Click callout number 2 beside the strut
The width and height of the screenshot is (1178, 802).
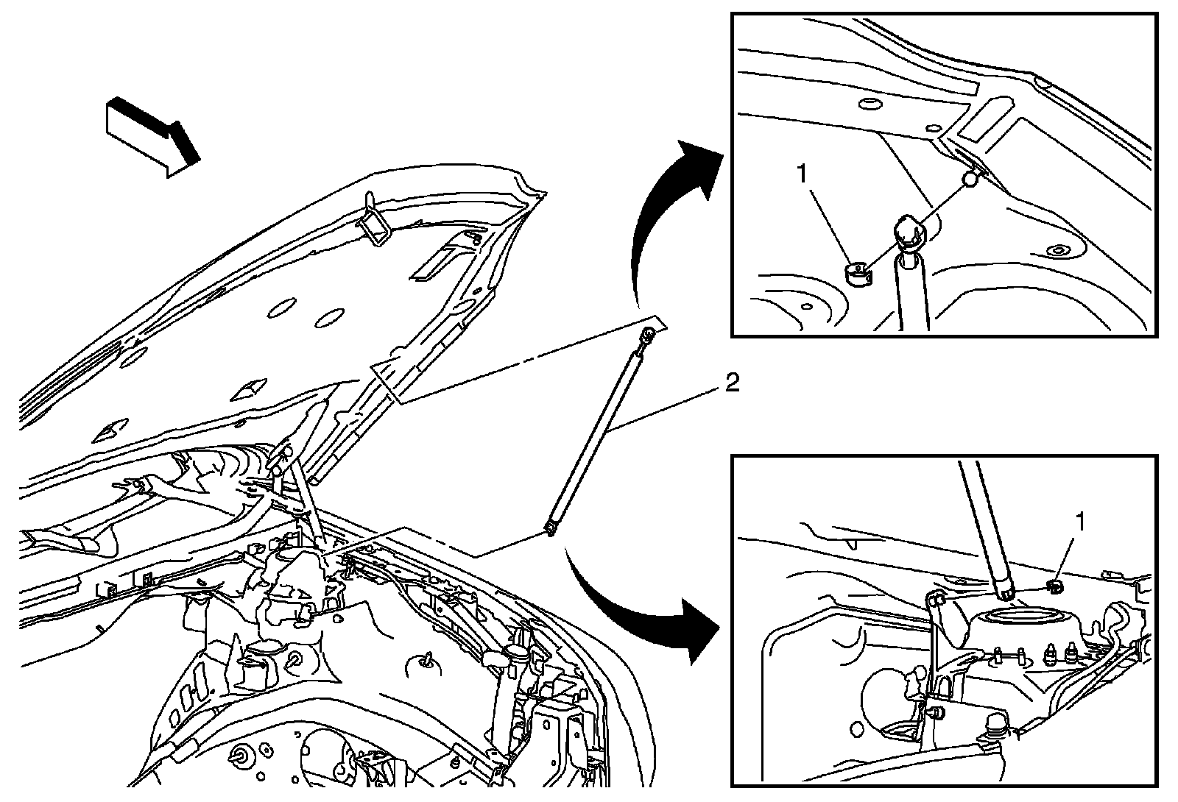click(x=732, y=383)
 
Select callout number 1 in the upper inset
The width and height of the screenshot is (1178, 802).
click(x=802, y=174)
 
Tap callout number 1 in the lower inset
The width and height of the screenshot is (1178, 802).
click(x=1080, y=522)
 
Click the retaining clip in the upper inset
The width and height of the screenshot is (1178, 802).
click(x=856, y=275)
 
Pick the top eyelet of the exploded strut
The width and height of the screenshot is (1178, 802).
click(x=648, y=335)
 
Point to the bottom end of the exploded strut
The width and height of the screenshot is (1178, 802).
click(x=550, y=527)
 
